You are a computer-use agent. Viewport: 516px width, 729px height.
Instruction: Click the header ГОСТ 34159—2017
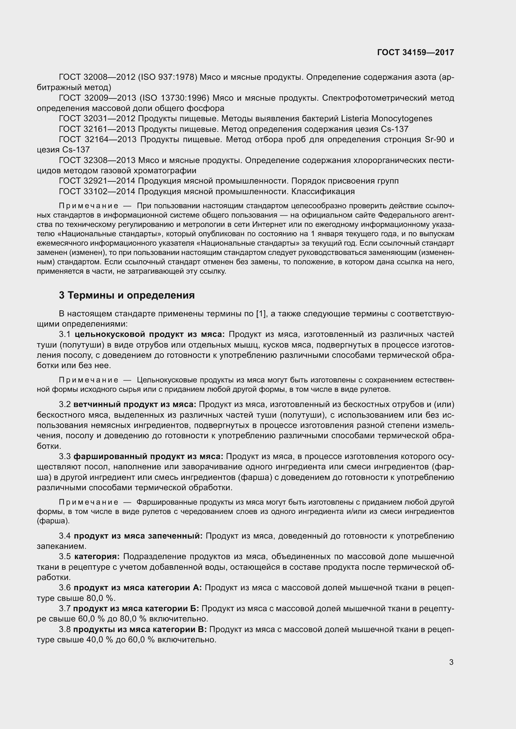pyautogui.click(x=416, y=52)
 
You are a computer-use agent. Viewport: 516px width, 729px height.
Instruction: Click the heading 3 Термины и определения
pyautogui.click(x=127, y=295)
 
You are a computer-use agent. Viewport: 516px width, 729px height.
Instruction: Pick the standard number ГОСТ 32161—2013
pyautogui.click(x=97, y=129)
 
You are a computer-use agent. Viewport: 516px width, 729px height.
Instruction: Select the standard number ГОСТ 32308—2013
pyautogui.click(x=97, y=160)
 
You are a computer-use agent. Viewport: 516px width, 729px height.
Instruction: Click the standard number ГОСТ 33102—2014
pyautogui.click(x=97, y=191)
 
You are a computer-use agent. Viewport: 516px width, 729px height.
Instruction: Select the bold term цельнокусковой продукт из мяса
pyautogui.click(x=150, y=334)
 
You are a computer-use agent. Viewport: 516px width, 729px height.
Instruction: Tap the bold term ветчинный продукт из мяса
pyautogui.click(x=135, y=405)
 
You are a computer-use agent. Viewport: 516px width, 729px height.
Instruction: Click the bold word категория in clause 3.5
pyautogui.click(x=97, y=557)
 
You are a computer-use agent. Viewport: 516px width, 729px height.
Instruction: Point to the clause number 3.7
pyautogui.click(x=65, y=609)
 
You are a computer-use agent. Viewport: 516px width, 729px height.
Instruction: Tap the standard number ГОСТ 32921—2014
pyautogui.click(x=97, y=181)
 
